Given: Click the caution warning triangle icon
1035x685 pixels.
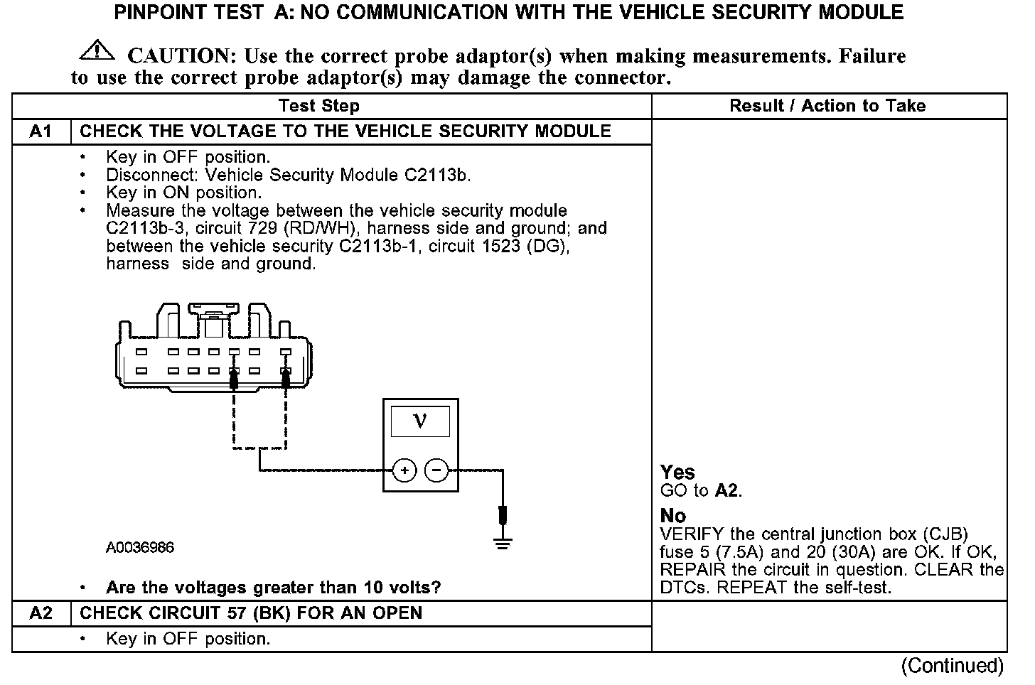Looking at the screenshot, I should point(97,50).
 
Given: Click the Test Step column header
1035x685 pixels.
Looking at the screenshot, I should point(319,106).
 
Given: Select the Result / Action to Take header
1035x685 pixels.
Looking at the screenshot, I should point(827,106).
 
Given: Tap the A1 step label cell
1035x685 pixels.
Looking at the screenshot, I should point(41,131).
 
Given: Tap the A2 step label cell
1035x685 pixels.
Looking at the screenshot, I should point(41,613).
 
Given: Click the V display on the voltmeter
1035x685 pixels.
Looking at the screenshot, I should point(420,421).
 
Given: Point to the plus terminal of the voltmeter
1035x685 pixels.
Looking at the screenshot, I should point(404,470).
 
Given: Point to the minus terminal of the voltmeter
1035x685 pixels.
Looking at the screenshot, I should point(436,470).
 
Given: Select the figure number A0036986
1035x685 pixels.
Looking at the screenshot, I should point(140,548).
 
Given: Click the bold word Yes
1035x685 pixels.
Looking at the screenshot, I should point(677,472).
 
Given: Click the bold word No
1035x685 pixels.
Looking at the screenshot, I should point(673,515).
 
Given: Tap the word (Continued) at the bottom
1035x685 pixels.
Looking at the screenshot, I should point(952,666).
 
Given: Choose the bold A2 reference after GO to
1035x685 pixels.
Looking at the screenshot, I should point(726,490).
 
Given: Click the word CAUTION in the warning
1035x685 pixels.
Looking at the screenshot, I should point(181,56).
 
